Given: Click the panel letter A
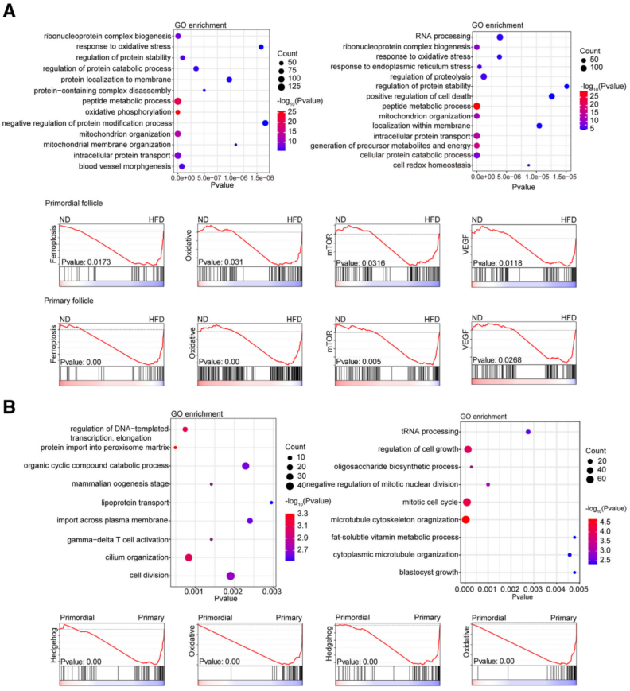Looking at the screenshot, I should pos(10,12).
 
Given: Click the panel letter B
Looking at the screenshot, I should pos(10,406).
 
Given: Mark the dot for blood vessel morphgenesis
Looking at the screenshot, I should pos(182,166).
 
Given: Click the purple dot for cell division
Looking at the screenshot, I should pos(231,576).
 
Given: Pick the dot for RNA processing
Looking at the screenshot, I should pos(500,37).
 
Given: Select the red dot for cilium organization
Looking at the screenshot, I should pos(189,557).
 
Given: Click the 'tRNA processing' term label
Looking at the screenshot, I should pos(429,431).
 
